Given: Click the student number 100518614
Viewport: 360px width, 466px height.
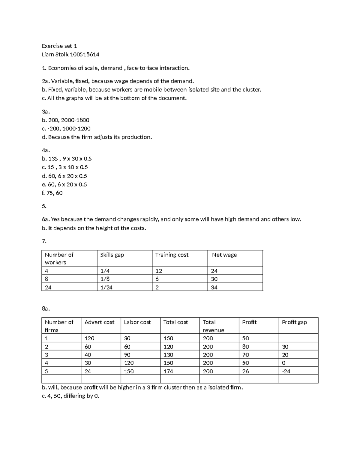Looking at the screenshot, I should (x=85, y=55).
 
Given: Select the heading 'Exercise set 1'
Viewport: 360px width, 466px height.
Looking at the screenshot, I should (x=59, y=46).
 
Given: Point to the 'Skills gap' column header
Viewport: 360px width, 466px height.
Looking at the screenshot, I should (x=112, y=255).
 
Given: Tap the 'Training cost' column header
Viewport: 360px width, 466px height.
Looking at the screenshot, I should (x=172, y=255).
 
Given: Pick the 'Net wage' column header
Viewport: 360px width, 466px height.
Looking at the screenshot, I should (x=224, y=255).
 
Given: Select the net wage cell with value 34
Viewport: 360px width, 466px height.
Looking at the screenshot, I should (x=214, y=287).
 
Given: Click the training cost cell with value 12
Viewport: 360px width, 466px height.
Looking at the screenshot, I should (x=159, y=271).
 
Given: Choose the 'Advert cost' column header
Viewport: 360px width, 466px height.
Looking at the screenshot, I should (x=99, y=322).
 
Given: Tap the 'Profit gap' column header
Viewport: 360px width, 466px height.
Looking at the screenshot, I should (x=294, y=322).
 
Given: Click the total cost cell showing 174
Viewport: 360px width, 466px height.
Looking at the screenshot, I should (x=168, y=371).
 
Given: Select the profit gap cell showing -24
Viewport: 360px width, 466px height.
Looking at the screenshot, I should (x=286, y=371).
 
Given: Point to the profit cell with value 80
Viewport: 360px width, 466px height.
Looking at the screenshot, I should (x=246, y=347).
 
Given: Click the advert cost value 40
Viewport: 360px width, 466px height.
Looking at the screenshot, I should (x=88, y=355).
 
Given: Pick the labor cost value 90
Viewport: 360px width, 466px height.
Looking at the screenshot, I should (x=127, y=355).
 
